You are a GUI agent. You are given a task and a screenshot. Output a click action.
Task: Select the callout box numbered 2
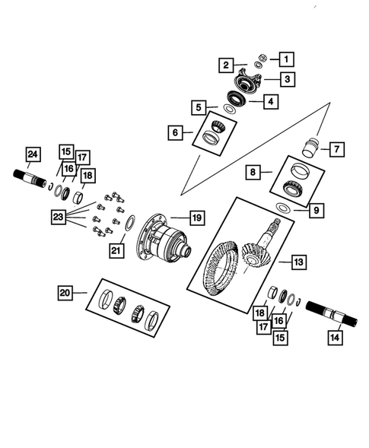coord(227,65)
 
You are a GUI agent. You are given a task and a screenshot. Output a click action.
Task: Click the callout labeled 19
coord(196,218)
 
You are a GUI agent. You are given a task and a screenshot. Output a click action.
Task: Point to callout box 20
coord(66,292)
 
